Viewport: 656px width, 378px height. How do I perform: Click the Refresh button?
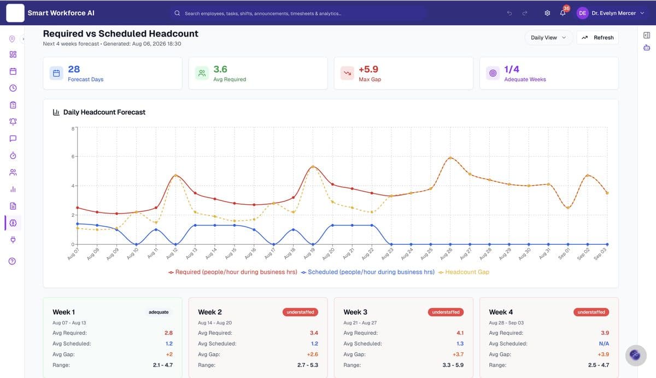coord(598,38)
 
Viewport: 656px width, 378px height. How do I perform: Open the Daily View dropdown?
coord(548,38)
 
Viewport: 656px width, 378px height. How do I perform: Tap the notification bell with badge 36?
coord(563,13)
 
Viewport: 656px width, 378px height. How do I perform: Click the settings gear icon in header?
coord(547,13)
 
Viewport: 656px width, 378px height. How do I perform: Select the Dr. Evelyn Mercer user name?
coord(613,13)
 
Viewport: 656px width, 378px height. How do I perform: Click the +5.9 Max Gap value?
coord(368,69)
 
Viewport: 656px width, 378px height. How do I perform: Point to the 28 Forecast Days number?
coord(74,69)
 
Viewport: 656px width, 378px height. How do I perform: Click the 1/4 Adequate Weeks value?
coord(512,69)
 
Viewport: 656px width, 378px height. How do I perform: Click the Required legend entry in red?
coord(233,272)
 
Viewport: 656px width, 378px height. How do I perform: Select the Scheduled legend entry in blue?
coord(368,272)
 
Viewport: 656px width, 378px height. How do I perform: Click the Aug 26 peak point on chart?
coord(450,158)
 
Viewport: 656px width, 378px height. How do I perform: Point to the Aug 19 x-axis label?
coord(309,253)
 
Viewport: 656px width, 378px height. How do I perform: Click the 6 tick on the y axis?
coord(73,157)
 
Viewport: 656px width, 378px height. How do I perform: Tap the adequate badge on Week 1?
coord(159,312)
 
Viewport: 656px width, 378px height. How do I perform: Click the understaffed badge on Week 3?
coord(446,312)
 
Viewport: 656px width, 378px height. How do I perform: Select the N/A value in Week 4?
coord(604,344)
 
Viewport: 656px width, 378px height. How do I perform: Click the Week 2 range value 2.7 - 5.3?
coord(307,365)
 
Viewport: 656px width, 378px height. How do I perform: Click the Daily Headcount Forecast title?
coord(104,112)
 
